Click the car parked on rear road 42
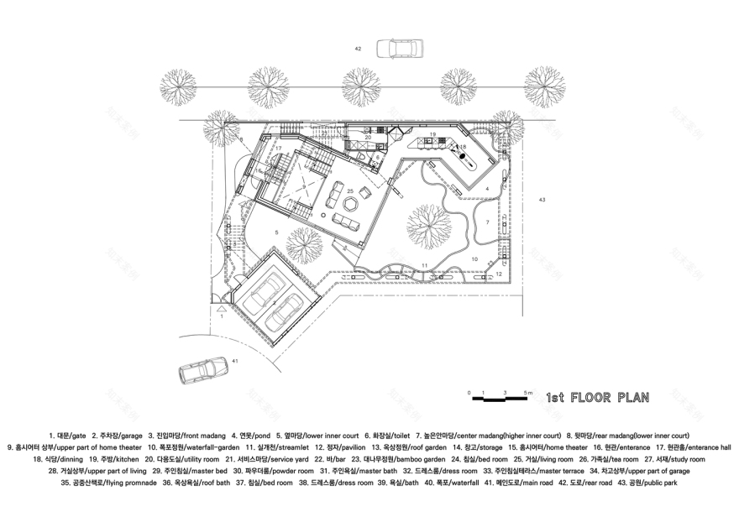point(397,49)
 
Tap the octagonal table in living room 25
point(352,204)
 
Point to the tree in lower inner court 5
point(301,243)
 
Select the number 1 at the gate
point(221,316)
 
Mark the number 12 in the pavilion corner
point(498,274)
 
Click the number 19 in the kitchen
point(432,133)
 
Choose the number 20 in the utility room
point(367,137)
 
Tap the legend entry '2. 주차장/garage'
point(117,436)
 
